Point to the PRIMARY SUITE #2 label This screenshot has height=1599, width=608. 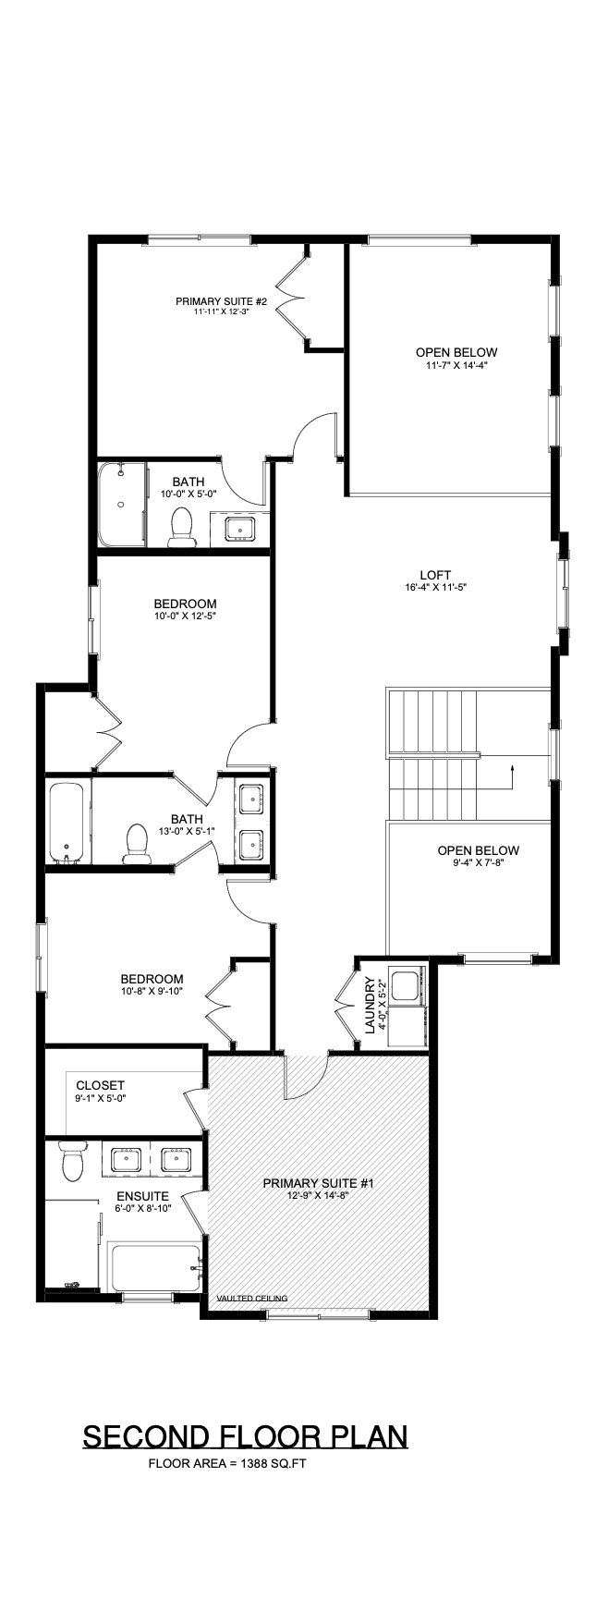coord(222,301)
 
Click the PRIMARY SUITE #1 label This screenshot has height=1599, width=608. coord(317,1182)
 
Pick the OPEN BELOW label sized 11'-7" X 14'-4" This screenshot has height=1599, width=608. coord(456,352)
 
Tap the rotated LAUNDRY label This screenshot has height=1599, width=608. coord(370,1005)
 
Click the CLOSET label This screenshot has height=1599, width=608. coord(100,1085)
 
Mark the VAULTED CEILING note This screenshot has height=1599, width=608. coord(251,1298)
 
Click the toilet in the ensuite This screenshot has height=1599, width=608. coord(71,1162)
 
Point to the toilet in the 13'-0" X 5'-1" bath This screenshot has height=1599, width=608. coord(138,842)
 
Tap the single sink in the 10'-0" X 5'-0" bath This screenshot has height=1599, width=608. coord(239,529)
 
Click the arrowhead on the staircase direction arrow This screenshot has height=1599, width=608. coord(510,766)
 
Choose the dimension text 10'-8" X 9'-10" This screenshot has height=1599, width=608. coord(152,992)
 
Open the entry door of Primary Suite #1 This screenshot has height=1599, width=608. coord(305,1075)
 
